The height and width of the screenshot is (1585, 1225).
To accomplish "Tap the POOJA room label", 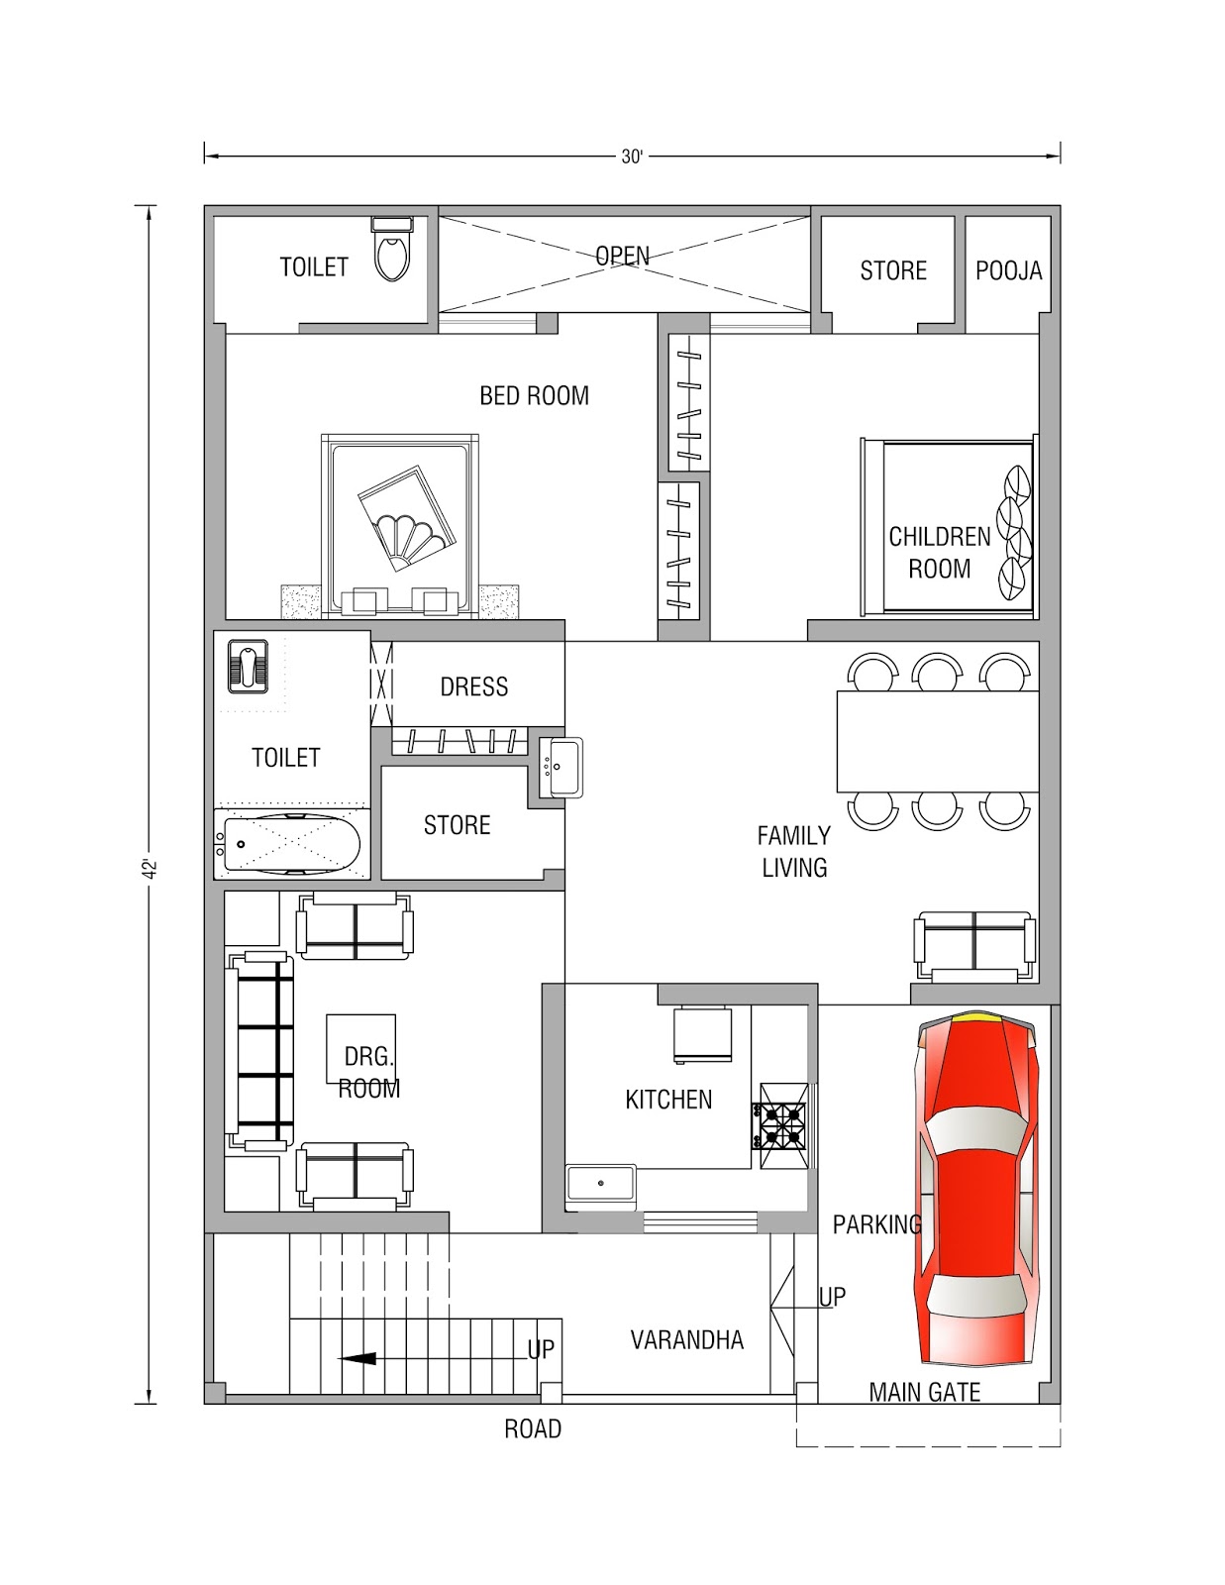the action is pyautogui.click(x=1008, y=270).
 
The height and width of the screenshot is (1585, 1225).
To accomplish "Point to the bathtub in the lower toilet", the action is pyautogui.click(x=292, y=844).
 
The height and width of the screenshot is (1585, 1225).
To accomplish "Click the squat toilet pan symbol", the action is pyautogui.click(x=248, y=666).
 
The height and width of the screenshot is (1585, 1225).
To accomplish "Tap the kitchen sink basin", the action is pyautogui.click(x=601, y=1183).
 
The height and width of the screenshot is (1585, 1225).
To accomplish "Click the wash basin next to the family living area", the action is pyautogui.click(x=561, y=767).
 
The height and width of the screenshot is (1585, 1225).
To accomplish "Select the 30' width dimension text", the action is pyautogui.click(x=632, y=157).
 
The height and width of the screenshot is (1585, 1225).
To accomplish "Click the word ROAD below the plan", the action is pyautogui.click(x=533, y=1428).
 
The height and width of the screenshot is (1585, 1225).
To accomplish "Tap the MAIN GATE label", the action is pyautogui.click(x=925, y=1393).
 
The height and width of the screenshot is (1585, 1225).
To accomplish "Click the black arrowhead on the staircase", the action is pyautogui.click(x=357, y=1358).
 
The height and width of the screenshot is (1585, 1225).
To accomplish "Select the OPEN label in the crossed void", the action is pyautogui.click(x=622, y=256).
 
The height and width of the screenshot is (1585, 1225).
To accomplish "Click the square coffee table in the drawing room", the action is pyautogui.click(x=360, y=1048).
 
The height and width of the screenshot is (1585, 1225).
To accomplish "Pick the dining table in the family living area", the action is pyautogui.click(x=938, y=741).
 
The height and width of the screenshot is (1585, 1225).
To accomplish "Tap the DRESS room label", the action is pyautogui.click(x=474, y=687).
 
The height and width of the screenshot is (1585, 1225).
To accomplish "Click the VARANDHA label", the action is pyautogui.click(x=687, y=1340).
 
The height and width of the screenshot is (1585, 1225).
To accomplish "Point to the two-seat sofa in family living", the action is pyautogui.click(x=975, y=946).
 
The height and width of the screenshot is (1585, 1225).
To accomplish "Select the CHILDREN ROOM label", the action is pyautogui.click(x=939, y=552).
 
